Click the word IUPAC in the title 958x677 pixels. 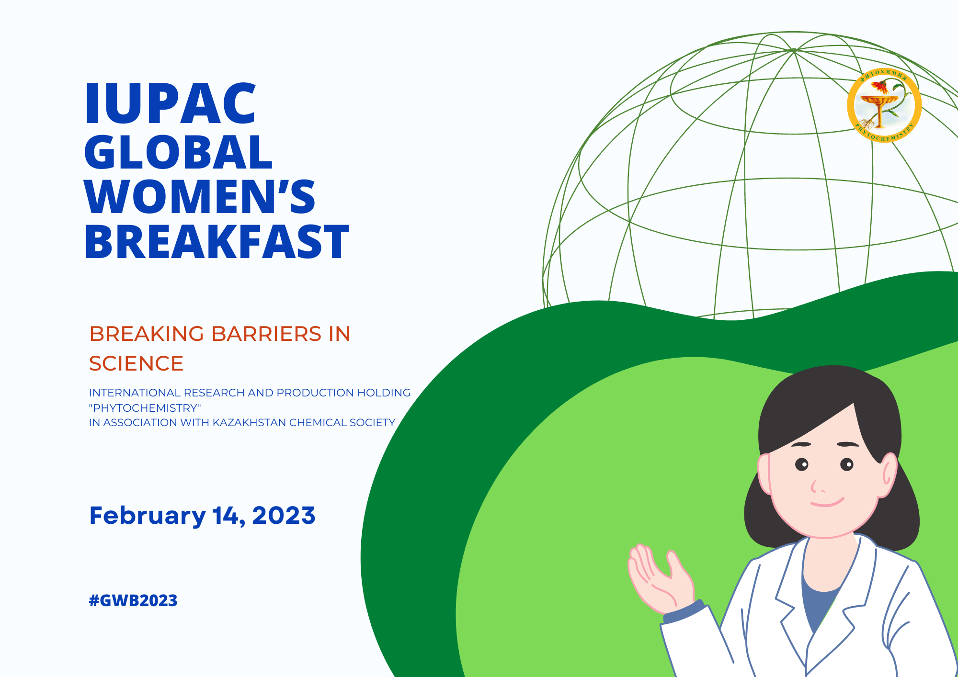[171, 103]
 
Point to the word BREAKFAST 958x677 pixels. [217, 242]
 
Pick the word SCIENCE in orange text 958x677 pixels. [137, 363]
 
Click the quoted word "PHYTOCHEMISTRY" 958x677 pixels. [145, 408]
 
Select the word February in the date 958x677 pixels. [148, 516]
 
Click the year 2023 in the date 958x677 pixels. [284, 516]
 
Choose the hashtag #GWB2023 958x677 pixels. [133, 600]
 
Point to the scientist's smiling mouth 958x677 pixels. [827, 503]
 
